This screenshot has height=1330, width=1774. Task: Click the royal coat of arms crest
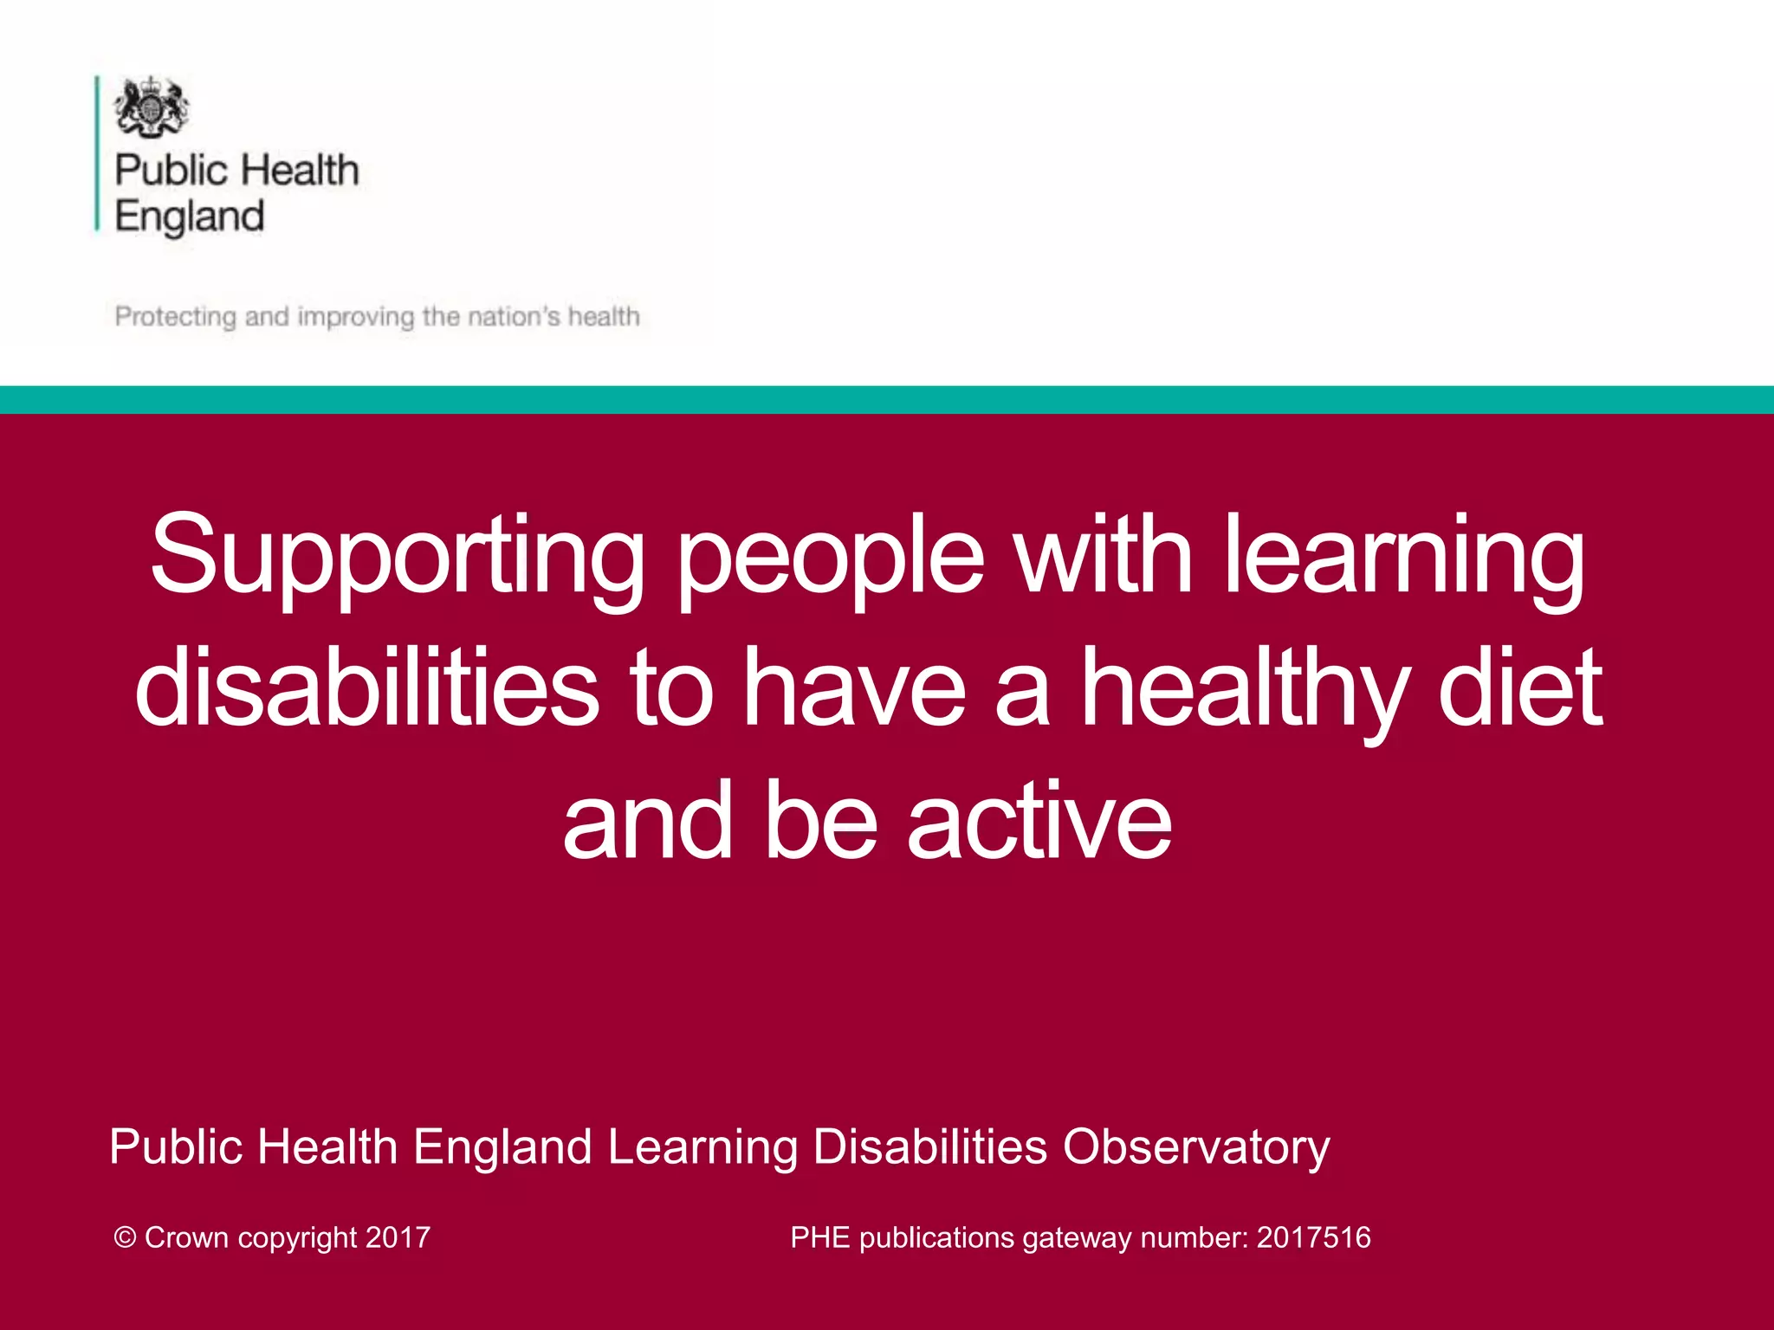point(151,107)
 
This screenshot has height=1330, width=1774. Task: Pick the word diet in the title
point(1520,688)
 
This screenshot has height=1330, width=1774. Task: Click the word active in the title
point(1039,820)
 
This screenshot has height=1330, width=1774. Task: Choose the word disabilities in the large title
point(366,688)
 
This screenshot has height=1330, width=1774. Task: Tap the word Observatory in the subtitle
point(1195,1147)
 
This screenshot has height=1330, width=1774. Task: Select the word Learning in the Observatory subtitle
point(702,1147)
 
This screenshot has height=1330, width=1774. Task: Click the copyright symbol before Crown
point(125,1237)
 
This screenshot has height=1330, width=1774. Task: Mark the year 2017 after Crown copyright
point(398,1237)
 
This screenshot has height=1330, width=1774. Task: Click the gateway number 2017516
point(1313,1237)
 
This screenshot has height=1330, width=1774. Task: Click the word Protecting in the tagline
point(175,317)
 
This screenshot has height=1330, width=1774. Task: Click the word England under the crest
point(189,216)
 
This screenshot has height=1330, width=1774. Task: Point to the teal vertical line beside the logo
point(97,153)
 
